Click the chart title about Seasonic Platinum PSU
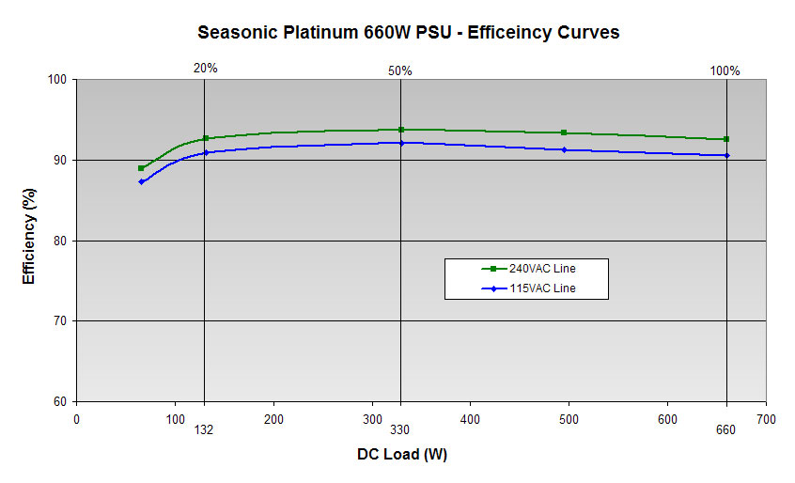[x=408, y=32]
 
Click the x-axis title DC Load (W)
[x=401, y=455]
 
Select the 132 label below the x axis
[x=205, y=430]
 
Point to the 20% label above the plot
[x=205, y=69]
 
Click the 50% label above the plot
[x=400, y=70]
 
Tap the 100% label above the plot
[x=725, y=70]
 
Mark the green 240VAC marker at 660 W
[x=726, y=139]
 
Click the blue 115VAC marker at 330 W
[x=401, y=143]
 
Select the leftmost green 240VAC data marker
[x=141, y=168]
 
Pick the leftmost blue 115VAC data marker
[x=141, y=181]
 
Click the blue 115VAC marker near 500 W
[x=564, y=149]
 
